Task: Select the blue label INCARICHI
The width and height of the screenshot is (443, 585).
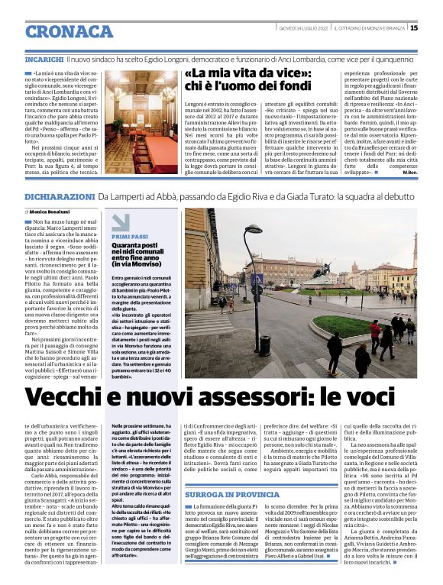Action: (44, 58)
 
